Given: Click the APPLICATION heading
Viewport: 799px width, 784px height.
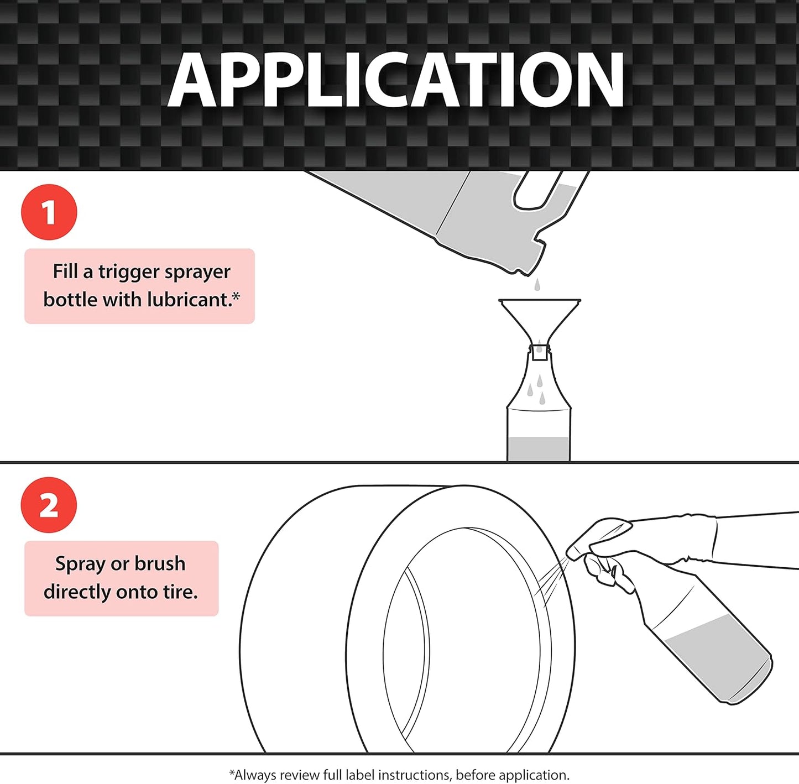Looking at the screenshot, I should [x=396, y=81].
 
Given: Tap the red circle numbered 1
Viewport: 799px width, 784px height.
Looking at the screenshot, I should [x=49, y=212].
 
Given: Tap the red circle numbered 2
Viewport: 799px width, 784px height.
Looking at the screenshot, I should [x=49, y=505].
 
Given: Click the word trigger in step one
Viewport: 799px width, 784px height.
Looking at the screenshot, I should [x=129, y=272].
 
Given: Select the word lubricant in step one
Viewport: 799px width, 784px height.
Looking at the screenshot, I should [x=190, y=300].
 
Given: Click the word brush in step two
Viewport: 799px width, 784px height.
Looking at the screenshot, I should [x=160, y=564].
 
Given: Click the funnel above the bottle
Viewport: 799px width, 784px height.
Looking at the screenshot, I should [x=539, y=318].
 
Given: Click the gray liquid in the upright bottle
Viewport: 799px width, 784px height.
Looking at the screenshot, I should [x=539, y=448].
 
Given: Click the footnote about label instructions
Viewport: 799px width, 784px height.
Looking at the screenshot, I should [x=399, y=775].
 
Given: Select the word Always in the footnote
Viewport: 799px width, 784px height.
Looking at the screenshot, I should [x=255, y=775].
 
